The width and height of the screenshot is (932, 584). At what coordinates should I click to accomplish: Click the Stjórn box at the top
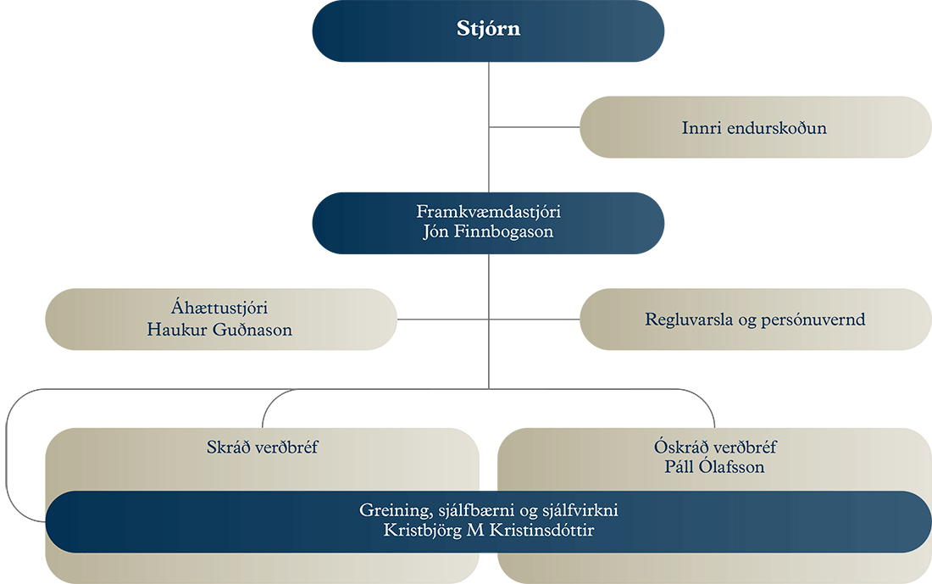[487, 31]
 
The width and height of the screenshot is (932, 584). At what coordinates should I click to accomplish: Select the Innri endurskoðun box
[753, 128]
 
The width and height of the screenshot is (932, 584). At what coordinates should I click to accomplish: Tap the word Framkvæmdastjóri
[487, 212]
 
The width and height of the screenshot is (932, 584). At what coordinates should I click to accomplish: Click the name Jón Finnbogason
[487, 231]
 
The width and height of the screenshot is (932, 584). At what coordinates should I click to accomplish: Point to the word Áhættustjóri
[219, 310]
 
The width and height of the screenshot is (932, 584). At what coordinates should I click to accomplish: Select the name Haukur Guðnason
[219, 330]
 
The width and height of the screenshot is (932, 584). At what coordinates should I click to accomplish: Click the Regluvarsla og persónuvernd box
[754, 320]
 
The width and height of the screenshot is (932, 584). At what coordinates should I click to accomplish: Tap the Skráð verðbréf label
[262, 447]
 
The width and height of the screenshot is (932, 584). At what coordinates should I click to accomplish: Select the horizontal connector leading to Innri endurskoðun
[534, 128]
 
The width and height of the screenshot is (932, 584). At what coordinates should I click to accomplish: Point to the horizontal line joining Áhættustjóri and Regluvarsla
[441, 320]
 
